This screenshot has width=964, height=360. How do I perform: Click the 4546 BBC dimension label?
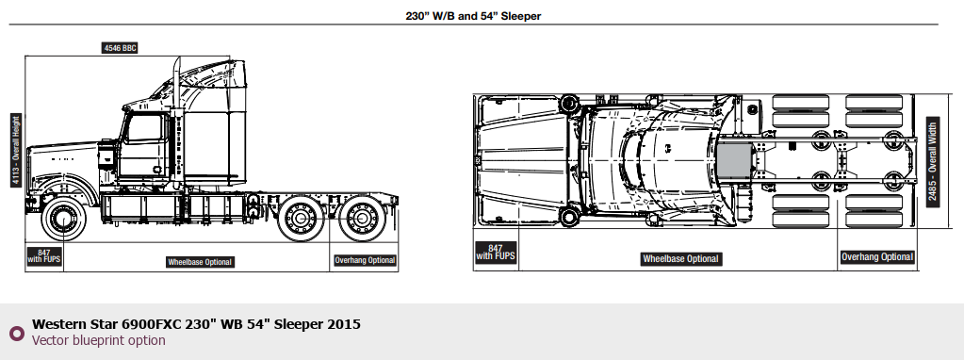(120, 48)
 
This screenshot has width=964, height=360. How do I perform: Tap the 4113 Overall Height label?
(16, 150)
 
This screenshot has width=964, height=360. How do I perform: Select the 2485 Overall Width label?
(933, 162)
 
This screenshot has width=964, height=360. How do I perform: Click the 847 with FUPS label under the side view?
(43, 256)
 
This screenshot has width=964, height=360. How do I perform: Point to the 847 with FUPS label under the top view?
(495, 253)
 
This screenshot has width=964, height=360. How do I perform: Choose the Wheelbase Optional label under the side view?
(200, 262)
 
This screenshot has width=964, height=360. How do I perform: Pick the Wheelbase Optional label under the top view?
(680, 258)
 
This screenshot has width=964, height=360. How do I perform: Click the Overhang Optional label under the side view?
(365, 260)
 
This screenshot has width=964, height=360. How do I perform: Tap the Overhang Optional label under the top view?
(877, 256)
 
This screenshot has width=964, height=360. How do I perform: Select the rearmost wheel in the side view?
(362, 218)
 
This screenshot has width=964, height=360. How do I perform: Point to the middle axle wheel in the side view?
(301, 218)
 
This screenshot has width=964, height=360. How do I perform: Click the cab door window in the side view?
(144, 128)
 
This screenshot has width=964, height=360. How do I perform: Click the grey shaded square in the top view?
(734, 162)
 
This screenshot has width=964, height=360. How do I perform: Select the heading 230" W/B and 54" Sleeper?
(473, 16)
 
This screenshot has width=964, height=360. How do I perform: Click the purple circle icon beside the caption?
(17, 333)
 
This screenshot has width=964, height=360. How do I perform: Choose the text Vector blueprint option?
(98, 340)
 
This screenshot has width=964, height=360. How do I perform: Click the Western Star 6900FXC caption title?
(196, 324)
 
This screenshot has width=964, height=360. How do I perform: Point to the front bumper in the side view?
(29, 204)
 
